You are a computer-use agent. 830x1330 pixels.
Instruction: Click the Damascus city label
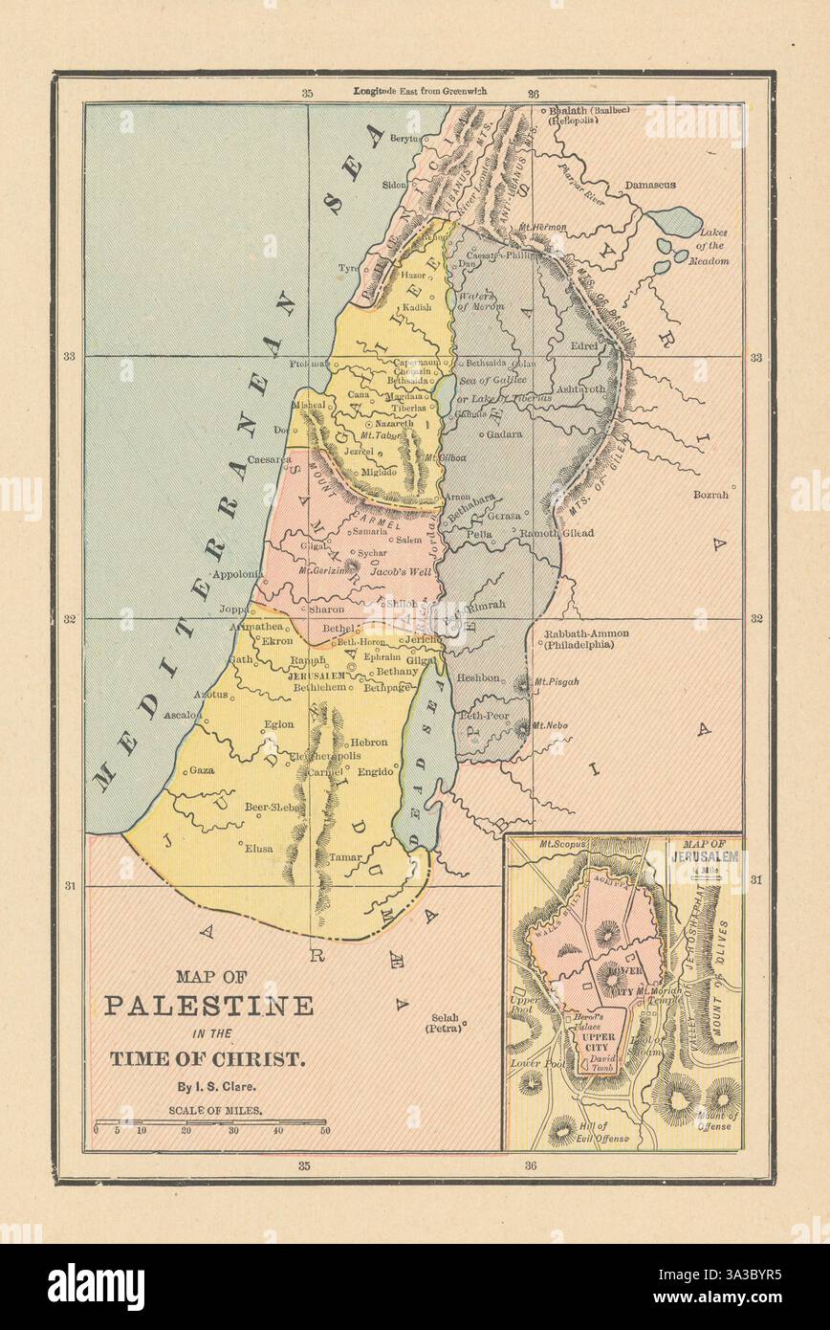tap(650, 184)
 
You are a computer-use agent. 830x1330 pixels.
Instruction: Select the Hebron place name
tap(369, 742)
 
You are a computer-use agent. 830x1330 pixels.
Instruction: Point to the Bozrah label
tap(711, 495)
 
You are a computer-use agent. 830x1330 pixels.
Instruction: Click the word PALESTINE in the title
tap(208, 1006)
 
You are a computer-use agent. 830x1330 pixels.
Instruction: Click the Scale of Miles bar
tap(209, 1122)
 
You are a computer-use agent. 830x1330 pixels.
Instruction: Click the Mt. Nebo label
tap(550, 725)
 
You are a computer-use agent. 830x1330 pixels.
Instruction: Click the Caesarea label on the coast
tap(270, 459)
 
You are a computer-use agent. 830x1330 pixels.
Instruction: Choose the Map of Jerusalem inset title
tap(707, 852)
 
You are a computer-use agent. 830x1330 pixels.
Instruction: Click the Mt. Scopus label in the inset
tap(560, 845)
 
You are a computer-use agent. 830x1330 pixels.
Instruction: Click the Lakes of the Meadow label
tap(713, 246)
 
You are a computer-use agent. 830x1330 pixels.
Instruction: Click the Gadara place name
tap(504, 433)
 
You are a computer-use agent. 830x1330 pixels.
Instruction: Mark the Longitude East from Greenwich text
tap(420, 91)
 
